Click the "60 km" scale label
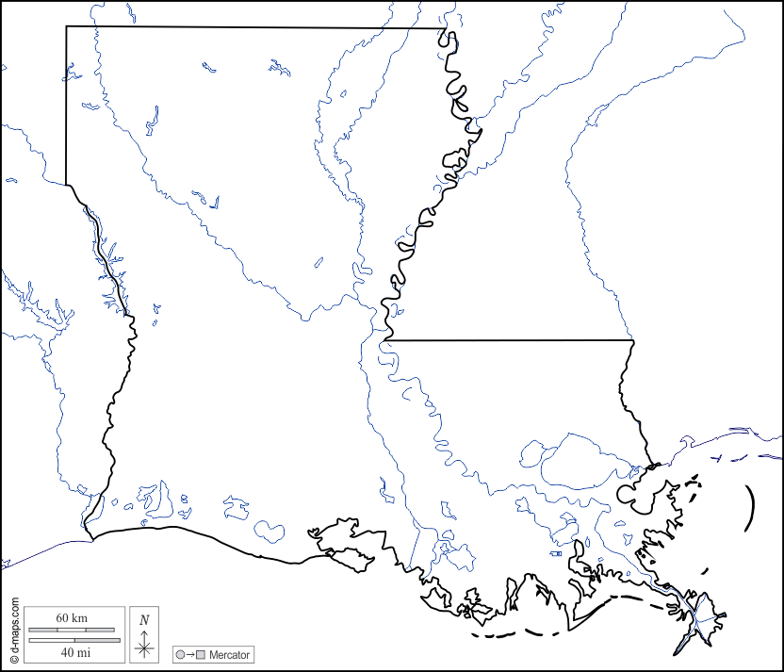[72, 617]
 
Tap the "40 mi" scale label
[72, 651]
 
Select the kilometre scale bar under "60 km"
[72, 629]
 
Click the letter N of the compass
[144, 620]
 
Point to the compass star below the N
[144, 646]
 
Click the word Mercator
[230, 654]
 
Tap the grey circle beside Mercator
[180, 654]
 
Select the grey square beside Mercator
[200, 654]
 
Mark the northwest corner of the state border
[66, 26]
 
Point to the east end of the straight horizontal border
[633, 340]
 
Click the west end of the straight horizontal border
[389, 339]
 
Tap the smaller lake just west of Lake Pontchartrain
[533, 453]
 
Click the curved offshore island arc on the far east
[751, 509]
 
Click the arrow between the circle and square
[190, 654]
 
